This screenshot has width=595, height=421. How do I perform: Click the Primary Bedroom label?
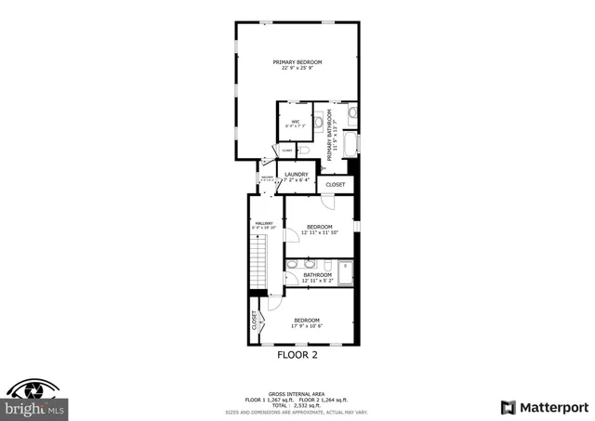point(297,61)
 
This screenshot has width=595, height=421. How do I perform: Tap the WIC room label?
point(295,122)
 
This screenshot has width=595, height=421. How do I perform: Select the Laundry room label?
point(297,174)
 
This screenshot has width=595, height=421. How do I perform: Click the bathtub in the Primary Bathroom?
point(350,145)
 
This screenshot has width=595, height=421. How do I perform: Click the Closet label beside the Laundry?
point(336,184)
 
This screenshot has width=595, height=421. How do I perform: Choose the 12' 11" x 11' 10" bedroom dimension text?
point(320,232)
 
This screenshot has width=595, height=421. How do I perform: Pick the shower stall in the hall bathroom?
point(345,270)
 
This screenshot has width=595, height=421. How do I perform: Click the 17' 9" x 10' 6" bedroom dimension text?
point(307,326)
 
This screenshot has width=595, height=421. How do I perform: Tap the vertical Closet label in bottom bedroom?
point(254,321)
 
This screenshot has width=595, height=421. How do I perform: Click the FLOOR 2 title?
point(297,355)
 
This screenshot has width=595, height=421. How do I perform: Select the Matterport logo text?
point(551,407)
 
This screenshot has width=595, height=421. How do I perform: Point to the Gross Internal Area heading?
point(297,392)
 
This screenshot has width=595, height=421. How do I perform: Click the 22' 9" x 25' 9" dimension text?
point(297,69)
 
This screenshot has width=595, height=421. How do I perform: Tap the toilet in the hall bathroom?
point(328,264)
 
